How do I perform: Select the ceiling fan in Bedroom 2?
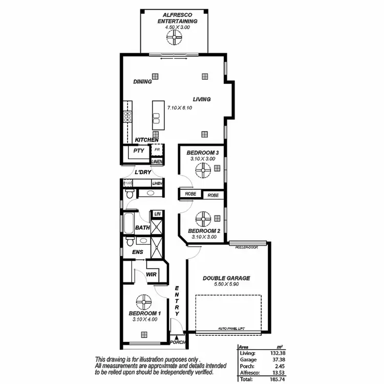203,219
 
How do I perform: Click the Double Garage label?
226,278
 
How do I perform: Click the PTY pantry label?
138,151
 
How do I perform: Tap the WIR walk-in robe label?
151,275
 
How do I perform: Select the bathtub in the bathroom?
127,224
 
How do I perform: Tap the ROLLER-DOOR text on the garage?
246,247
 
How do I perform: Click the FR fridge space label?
157,150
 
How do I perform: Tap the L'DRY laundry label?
143,173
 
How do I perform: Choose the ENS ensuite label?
137,252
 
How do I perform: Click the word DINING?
142,81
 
